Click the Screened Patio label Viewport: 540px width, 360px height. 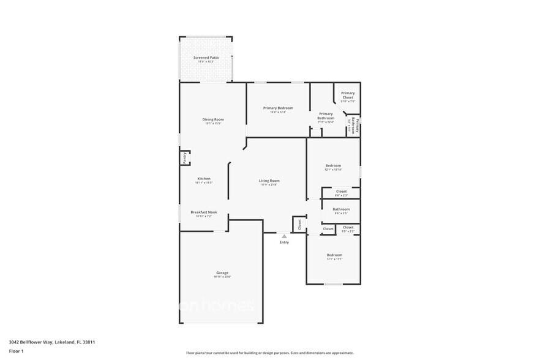(206, 58)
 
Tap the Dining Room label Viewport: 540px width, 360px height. (213, 119)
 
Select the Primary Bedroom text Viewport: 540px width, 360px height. (278, 108)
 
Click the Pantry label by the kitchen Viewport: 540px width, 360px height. (184, 157)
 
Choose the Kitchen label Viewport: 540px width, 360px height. (203, 179)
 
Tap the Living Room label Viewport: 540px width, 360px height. (269, 181)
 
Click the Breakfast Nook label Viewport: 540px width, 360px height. (203, 212)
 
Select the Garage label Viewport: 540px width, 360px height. (222, 272)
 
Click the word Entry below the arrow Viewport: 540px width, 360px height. (284, 242)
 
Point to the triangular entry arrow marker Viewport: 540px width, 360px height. (284, 236)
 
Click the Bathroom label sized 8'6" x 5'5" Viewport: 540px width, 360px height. (341, 209)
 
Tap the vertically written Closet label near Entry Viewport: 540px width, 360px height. (299, 225)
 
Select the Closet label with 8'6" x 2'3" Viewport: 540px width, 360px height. (341, 192)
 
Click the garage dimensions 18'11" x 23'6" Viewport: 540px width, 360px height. (222, 277)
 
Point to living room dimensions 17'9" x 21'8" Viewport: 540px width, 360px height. (269, 185)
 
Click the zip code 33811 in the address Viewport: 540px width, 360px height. (89, 342)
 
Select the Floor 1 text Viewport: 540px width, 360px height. (16, 351)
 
